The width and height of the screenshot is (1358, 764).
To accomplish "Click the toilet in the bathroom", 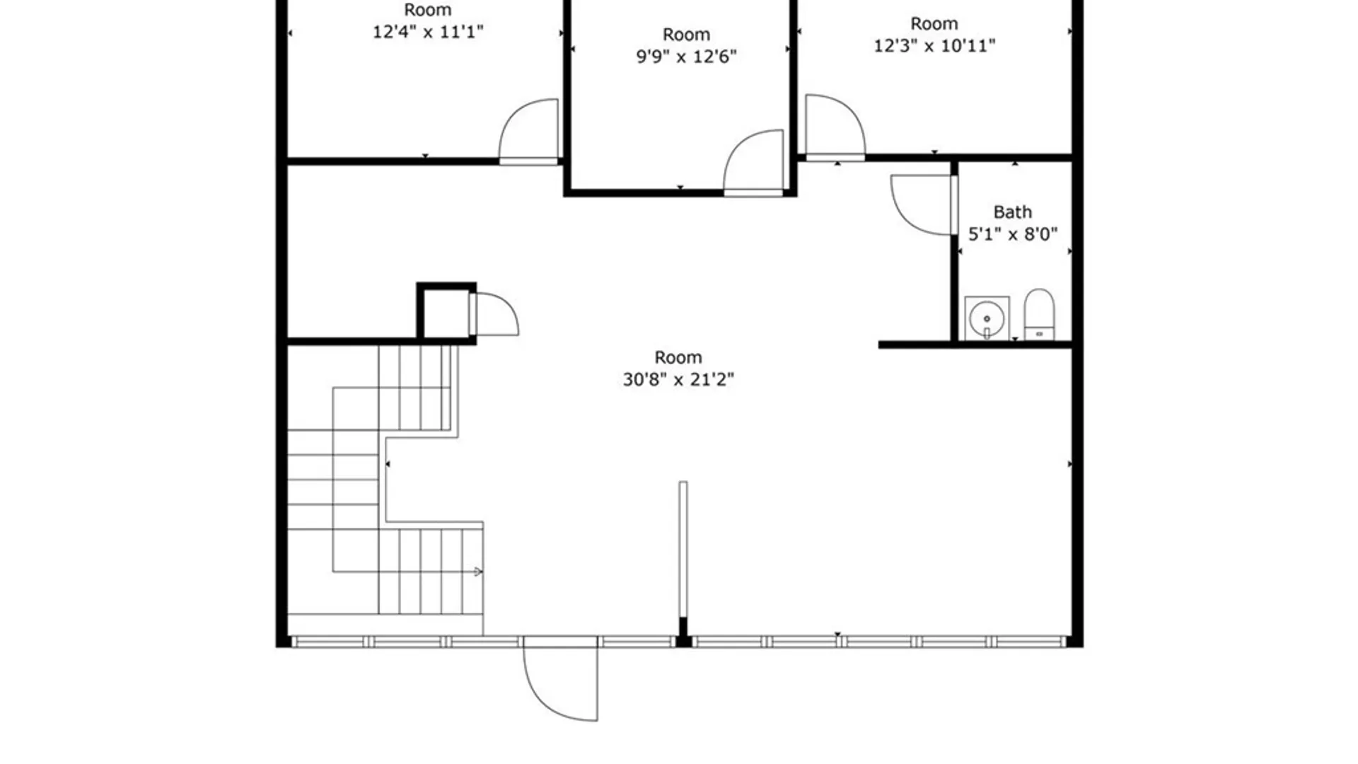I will (1039, 314).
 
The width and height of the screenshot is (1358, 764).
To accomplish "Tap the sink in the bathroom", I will (987, 318).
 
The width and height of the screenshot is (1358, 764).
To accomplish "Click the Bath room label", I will (1012, 212).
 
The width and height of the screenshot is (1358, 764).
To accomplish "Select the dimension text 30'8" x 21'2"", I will (678, 380).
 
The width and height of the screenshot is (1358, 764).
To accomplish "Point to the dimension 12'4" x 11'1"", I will (428, 32).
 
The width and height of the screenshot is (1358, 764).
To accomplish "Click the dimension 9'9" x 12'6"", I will (686, 57).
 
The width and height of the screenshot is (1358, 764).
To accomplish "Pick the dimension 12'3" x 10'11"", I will (934, 46).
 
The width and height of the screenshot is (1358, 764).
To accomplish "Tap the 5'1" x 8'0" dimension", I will (1012, 234).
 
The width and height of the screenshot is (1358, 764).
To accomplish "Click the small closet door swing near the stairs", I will (495, 313).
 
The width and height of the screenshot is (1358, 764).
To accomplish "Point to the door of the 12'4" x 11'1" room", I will (529, 131).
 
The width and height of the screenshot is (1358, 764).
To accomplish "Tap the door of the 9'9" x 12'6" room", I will (754, 161).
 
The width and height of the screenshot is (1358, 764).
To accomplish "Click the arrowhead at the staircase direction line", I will (478, 572).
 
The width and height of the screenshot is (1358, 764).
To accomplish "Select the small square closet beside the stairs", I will (446, 313).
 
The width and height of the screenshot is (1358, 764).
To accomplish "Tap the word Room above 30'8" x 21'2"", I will (678, 357).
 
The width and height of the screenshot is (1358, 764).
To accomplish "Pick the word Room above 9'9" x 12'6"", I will (686, 35).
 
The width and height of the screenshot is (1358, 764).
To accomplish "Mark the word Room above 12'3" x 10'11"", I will (934, 24).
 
